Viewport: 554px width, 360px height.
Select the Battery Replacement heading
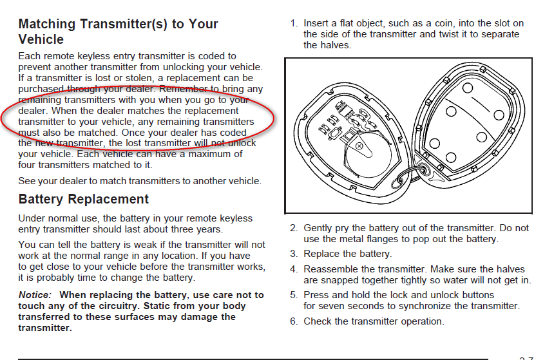click(x=83, y=199)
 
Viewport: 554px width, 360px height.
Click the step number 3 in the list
click(x=293, y=254)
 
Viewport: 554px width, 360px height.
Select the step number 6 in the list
click(x=293, y=321)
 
